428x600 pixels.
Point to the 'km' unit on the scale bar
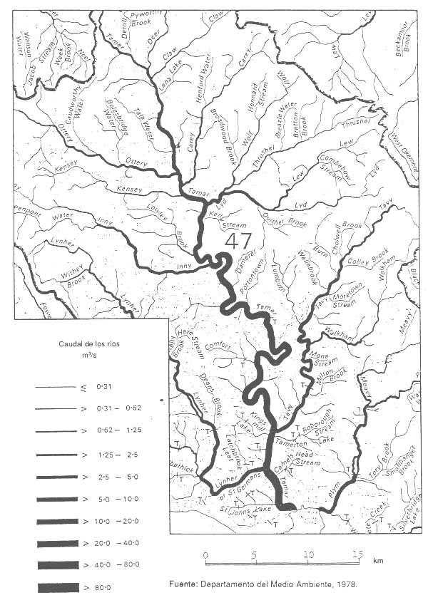378,561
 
